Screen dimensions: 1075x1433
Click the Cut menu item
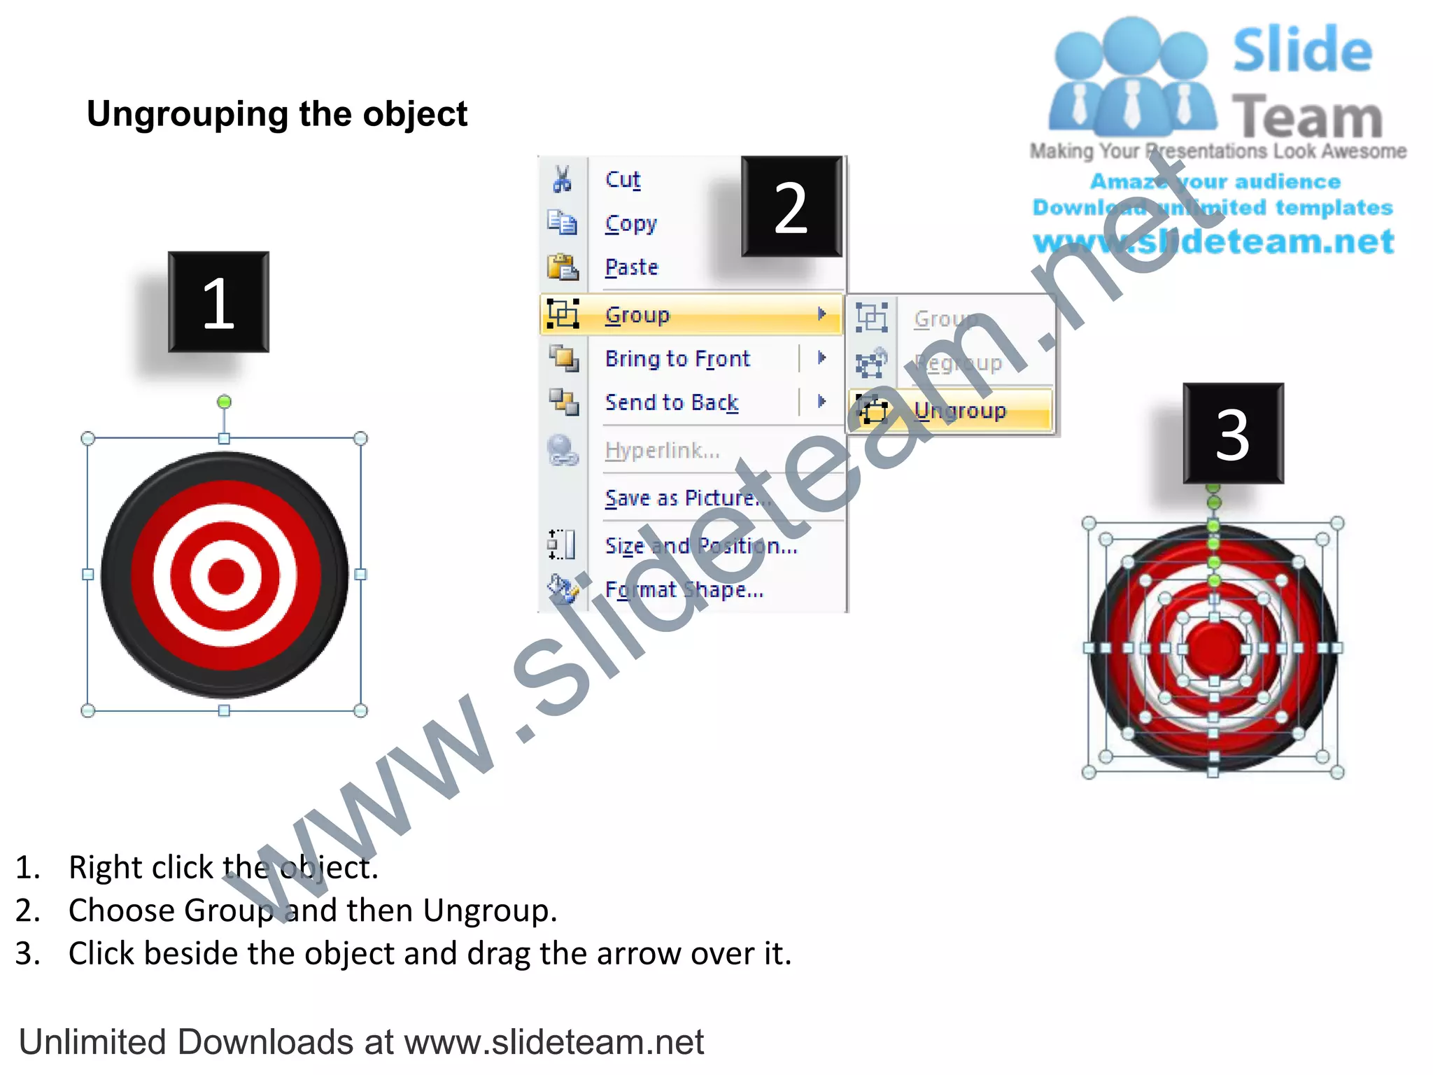622,180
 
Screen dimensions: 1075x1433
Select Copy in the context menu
630,224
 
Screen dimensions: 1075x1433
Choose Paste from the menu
631,267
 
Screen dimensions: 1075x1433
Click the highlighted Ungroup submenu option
959,410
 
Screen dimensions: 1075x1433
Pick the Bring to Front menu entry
677,359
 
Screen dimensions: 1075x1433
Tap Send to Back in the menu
671,402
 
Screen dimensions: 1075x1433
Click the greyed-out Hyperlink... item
662,451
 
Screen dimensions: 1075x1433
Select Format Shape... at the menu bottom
684,590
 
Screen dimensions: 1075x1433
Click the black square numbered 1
218,302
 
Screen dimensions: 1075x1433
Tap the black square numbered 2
791,206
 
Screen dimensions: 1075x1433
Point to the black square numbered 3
1233,433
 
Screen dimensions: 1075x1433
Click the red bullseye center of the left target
225,575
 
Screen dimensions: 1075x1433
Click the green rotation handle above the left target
224,402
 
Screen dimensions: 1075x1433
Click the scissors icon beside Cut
562,179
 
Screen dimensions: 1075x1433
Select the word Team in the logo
1307,117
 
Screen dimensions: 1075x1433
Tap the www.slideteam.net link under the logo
1213,242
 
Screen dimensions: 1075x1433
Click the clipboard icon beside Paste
562,267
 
